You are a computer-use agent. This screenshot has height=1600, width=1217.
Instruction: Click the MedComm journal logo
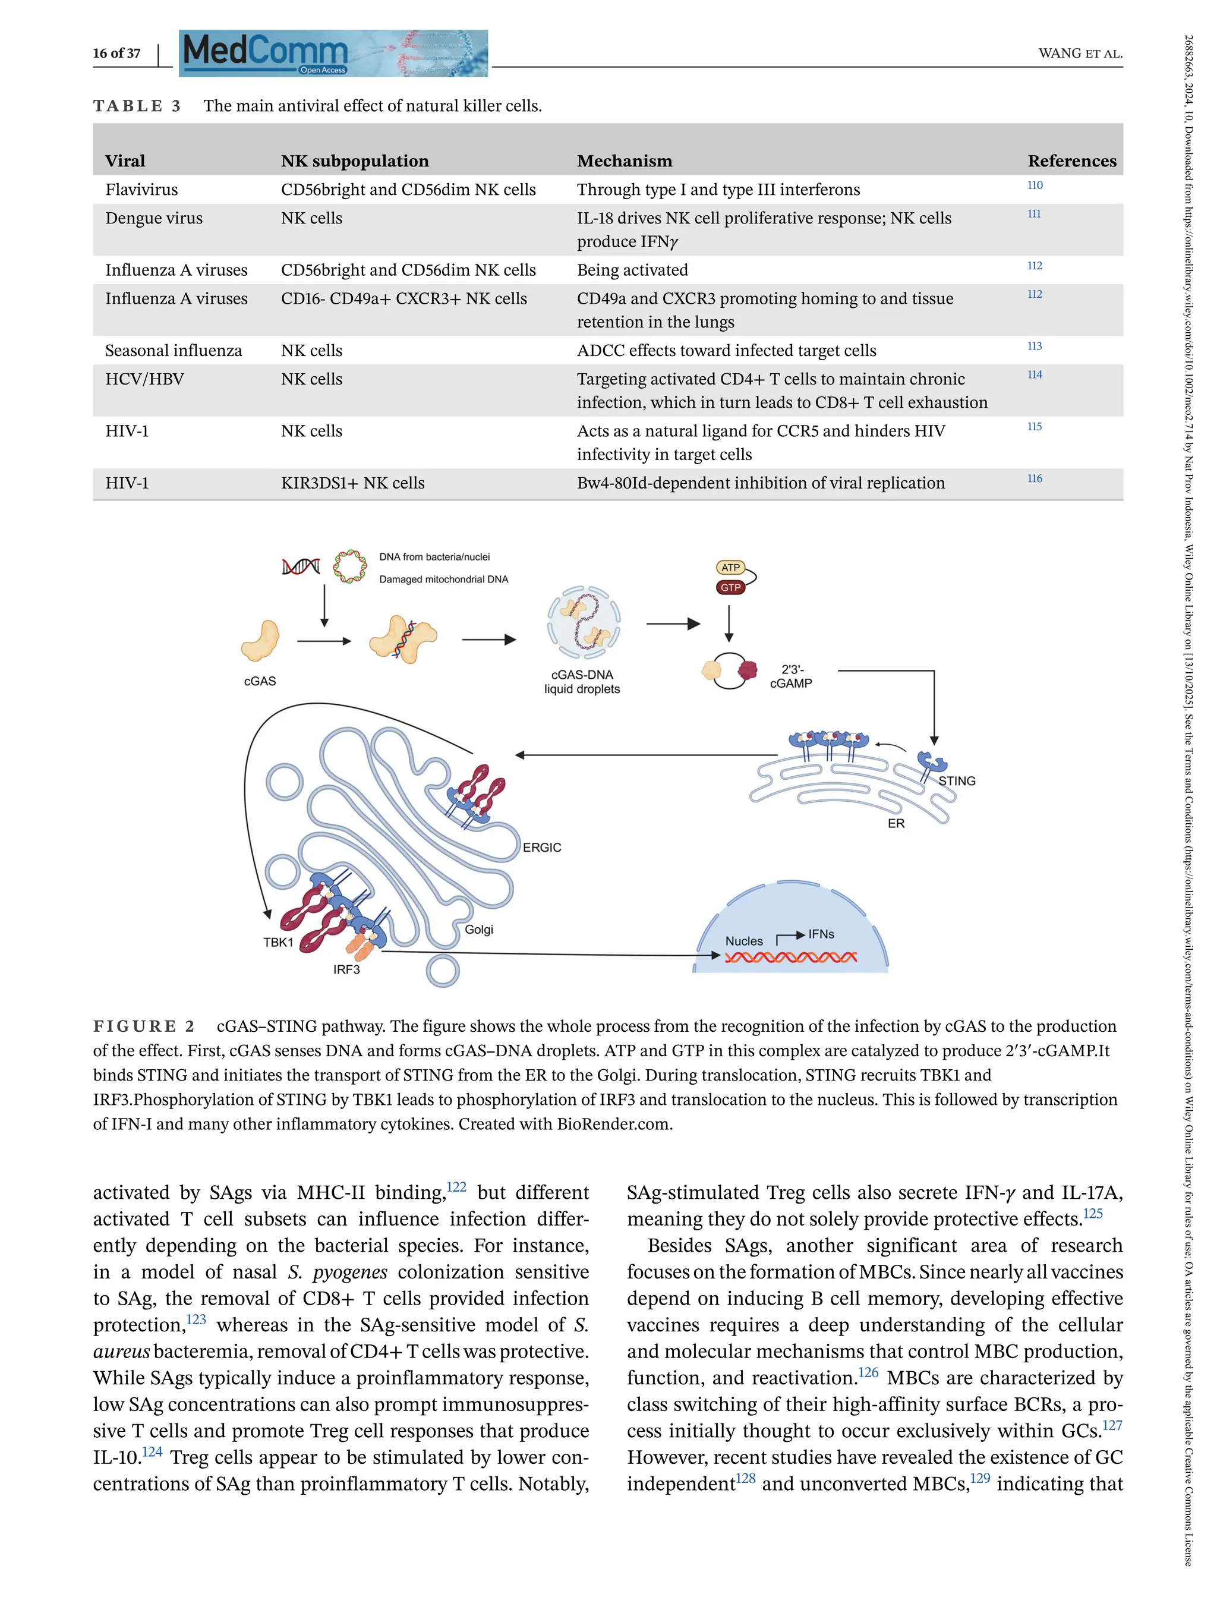[x=333, y=53]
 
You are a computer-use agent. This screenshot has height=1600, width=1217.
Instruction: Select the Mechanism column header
[x=625, y=161]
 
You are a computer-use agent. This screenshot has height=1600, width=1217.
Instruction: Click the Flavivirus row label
[x=141, y=190]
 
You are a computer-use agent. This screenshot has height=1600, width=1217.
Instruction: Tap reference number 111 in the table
[x=1034, y=214]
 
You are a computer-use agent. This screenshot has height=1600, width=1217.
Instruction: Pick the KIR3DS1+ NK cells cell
[x=353, y=483]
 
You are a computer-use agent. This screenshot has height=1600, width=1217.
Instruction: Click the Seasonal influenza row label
[x=174, y=351]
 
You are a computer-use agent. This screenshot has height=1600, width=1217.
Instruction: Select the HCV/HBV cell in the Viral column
[x=144, y=379]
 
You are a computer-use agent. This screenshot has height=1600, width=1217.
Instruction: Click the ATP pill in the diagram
[x=730, y=568]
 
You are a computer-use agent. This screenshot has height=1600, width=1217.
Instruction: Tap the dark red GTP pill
[x=730, y=588]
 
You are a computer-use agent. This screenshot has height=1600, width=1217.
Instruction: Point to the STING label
[x=956, y=781]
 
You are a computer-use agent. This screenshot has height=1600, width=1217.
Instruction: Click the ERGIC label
[x=542, y=847]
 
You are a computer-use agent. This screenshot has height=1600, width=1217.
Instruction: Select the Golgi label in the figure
[x=479, y=930]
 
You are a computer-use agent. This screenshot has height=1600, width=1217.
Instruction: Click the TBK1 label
[x=278, y=942]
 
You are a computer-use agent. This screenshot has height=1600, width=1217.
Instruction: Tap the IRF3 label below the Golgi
[x=346, y=969]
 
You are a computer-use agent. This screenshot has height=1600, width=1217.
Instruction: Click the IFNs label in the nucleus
[x=821, y=934]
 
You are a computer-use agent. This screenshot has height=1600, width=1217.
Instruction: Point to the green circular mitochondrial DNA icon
[x=350, y=566]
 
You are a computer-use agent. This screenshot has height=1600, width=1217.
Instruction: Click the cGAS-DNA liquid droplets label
[x=582, y=682]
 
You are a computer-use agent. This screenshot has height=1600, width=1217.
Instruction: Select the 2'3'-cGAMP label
[x=791, y=676]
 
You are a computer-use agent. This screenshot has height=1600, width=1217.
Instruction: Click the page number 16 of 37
[x=116, y=53]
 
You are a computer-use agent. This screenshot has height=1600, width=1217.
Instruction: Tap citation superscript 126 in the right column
[x=868, y=1372]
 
